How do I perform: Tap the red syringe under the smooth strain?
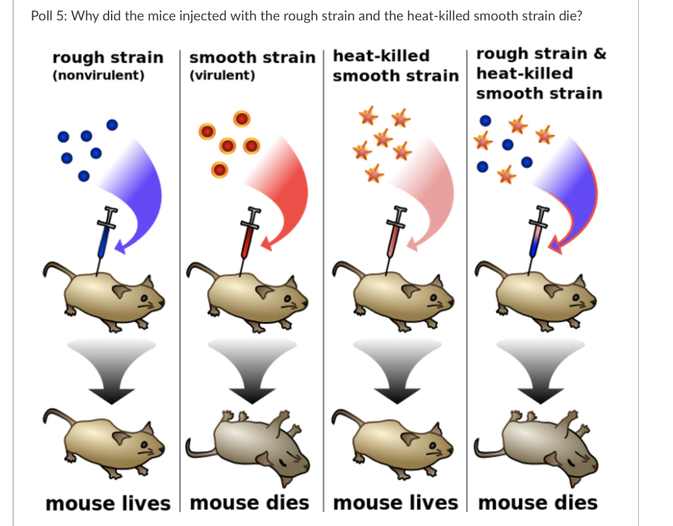point(248,235)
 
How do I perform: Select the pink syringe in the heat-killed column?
point(393,235)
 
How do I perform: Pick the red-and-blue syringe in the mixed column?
point(537,235)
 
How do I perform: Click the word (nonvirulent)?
point(98,75)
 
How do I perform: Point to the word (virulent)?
point(222,75)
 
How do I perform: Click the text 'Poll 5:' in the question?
point(49,16)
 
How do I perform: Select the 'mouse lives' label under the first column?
point(108,503)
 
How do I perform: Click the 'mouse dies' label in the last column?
point(538,503)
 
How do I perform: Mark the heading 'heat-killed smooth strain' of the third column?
point(395,65)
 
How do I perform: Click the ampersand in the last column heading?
point(599,54)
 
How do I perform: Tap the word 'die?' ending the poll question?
point(568,16)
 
